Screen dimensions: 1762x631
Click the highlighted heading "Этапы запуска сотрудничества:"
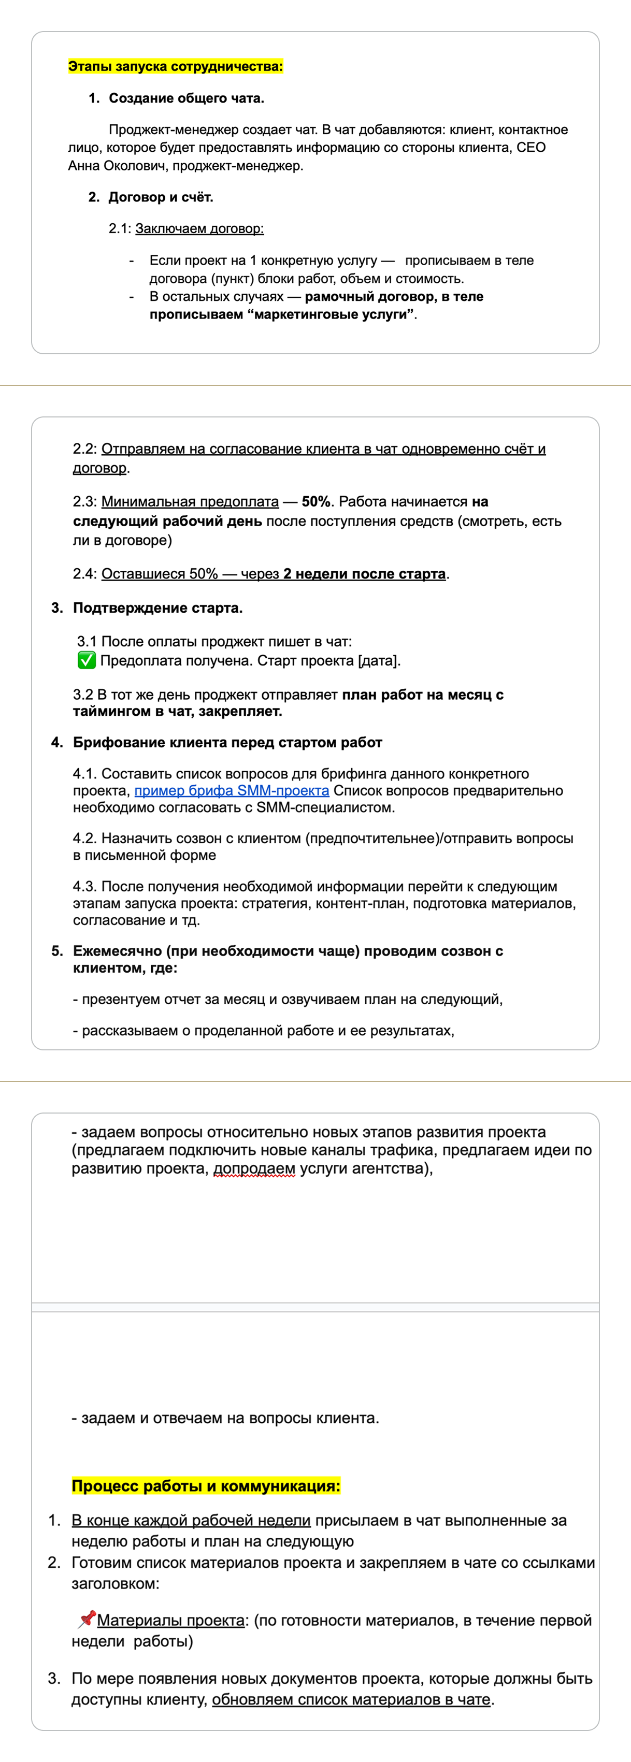[175, 66]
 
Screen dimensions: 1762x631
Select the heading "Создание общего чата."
[185, 98]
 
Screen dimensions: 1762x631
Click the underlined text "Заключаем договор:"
[199, 228]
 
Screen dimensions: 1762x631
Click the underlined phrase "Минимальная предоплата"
[190, 501]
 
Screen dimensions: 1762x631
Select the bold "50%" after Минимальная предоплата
[315, 501]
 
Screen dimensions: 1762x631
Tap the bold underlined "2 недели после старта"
[364, 574]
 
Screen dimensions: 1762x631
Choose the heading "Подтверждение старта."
[157, 608]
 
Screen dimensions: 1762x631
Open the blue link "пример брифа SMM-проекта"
[232, 791]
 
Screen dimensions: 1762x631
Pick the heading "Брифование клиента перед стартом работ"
[227, 743]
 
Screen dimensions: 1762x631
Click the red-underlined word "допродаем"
[254, 1169]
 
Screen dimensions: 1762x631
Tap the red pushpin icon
[87, 1619]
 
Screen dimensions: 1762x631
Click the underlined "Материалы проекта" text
[170, 1621]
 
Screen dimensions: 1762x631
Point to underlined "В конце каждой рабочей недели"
[191, 1521]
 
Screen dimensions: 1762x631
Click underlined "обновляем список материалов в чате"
[351, 1700]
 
